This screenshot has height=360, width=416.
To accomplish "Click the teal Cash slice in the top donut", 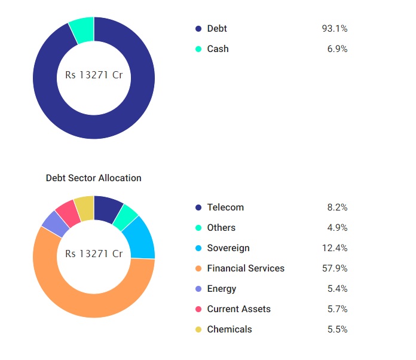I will point(82,30).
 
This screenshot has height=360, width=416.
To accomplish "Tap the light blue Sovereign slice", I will point(141,237).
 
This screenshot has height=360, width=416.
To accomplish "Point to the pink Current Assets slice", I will point(68,213).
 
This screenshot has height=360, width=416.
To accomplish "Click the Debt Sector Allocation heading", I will point(94,178).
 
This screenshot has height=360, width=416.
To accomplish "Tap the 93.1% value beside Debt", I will point(334,29).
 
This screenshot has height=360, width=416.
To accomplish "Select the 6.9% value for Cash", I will point(337,49).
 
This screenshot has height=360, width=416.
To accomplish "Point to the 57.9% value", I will point(334,269).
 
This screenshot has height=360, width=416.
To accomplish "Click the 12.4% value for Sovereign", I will point(334,248).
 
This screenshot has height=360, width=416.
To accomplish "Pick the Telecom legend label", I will point(225,208).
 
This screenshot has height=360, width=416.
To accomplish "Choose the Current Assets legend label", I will point(238,309).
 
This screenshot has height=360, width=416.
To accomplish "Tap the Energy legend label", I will point(221,289).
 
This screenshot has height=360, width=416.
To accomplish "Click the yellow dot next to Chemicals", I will point(198,330).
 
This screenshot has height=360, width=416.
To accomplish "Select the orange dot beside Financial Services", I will point(198,269).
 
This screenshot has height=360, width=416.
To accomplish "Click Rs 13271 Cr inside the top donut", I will point(94,76).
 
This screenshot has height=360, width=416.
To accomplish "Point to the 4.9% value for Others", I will point(337,228).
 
